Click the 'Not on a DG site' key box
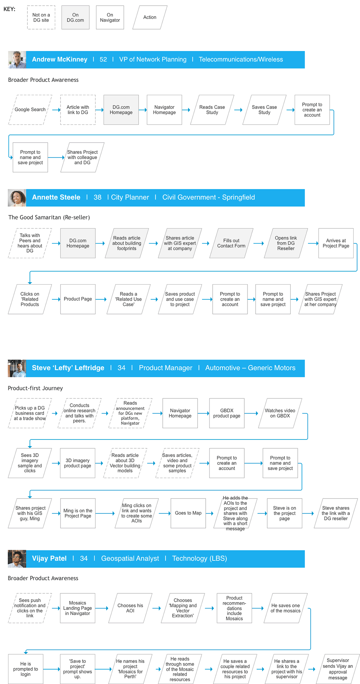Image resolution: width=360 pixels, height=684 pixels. [41, 18]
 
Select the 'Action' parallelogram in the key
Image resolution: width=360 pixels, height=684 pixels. [150, 17]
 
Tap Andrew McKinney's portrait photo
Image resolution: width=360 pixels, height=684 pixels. [17, 60]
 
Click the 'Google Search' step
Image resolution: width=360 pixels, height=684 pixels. [30, 110]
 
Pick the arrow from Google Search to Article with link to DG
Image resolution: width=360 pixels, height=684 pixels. [56, 110]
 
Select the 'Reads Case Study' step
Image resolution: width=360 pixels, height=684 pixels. [212, 110]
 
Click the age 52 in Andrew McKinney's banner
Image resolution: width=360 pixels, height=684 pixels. [103, 60]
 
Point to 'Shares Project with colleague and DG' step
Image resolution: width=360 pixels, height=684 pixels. [82, 157]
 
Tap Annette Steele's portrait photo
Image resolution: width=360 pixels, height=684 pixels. [17, 198]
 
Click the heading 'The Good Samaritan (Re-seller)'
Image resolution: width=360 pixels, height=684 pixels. [49, 217]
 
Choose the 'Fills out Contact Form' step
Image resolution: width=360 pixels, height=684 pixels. [231, 243]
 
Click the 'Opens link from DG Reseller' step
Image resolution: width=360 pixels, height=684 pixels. [286, 243]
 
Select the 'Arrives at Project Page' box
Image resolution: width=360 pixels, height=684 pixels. [336, 243]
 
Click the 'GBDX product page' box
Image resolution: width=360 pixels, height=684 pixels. [227, 413]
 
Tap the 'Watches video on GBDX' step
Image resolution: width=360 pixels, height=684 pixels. [280, 413]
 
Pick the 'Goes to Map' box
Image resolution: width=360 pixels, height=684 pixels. [188, 513]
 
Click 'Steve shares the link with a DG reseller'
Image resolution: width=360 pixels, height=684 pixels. [336, 513]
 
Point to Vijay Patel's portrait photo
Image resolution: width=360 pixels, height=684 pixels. [17, 559]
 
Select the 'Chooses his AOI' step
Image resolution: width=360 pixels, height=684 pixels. [130, 608]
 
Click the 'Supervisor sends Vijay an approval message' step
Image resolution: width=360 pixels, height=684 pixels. [338, 669]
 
